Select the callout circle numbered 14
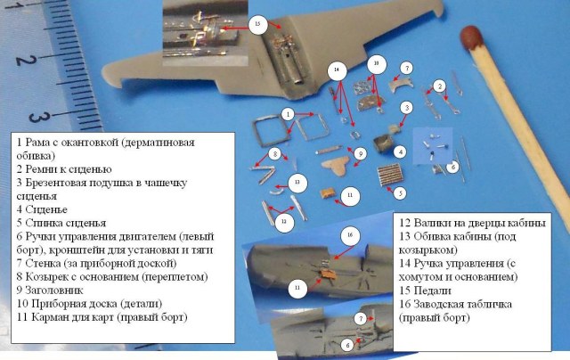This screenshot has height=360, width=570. [x=335, y=70]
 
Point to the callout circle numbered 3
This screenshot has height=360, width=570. [x=406, y=108]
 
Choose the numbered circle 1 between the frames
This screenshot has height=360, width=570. [x=287, y=115]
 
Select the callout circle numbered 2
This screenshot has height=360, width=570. [x=438, y=86]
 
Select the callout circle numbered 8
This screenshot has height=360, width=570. [x=275, y=154]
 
